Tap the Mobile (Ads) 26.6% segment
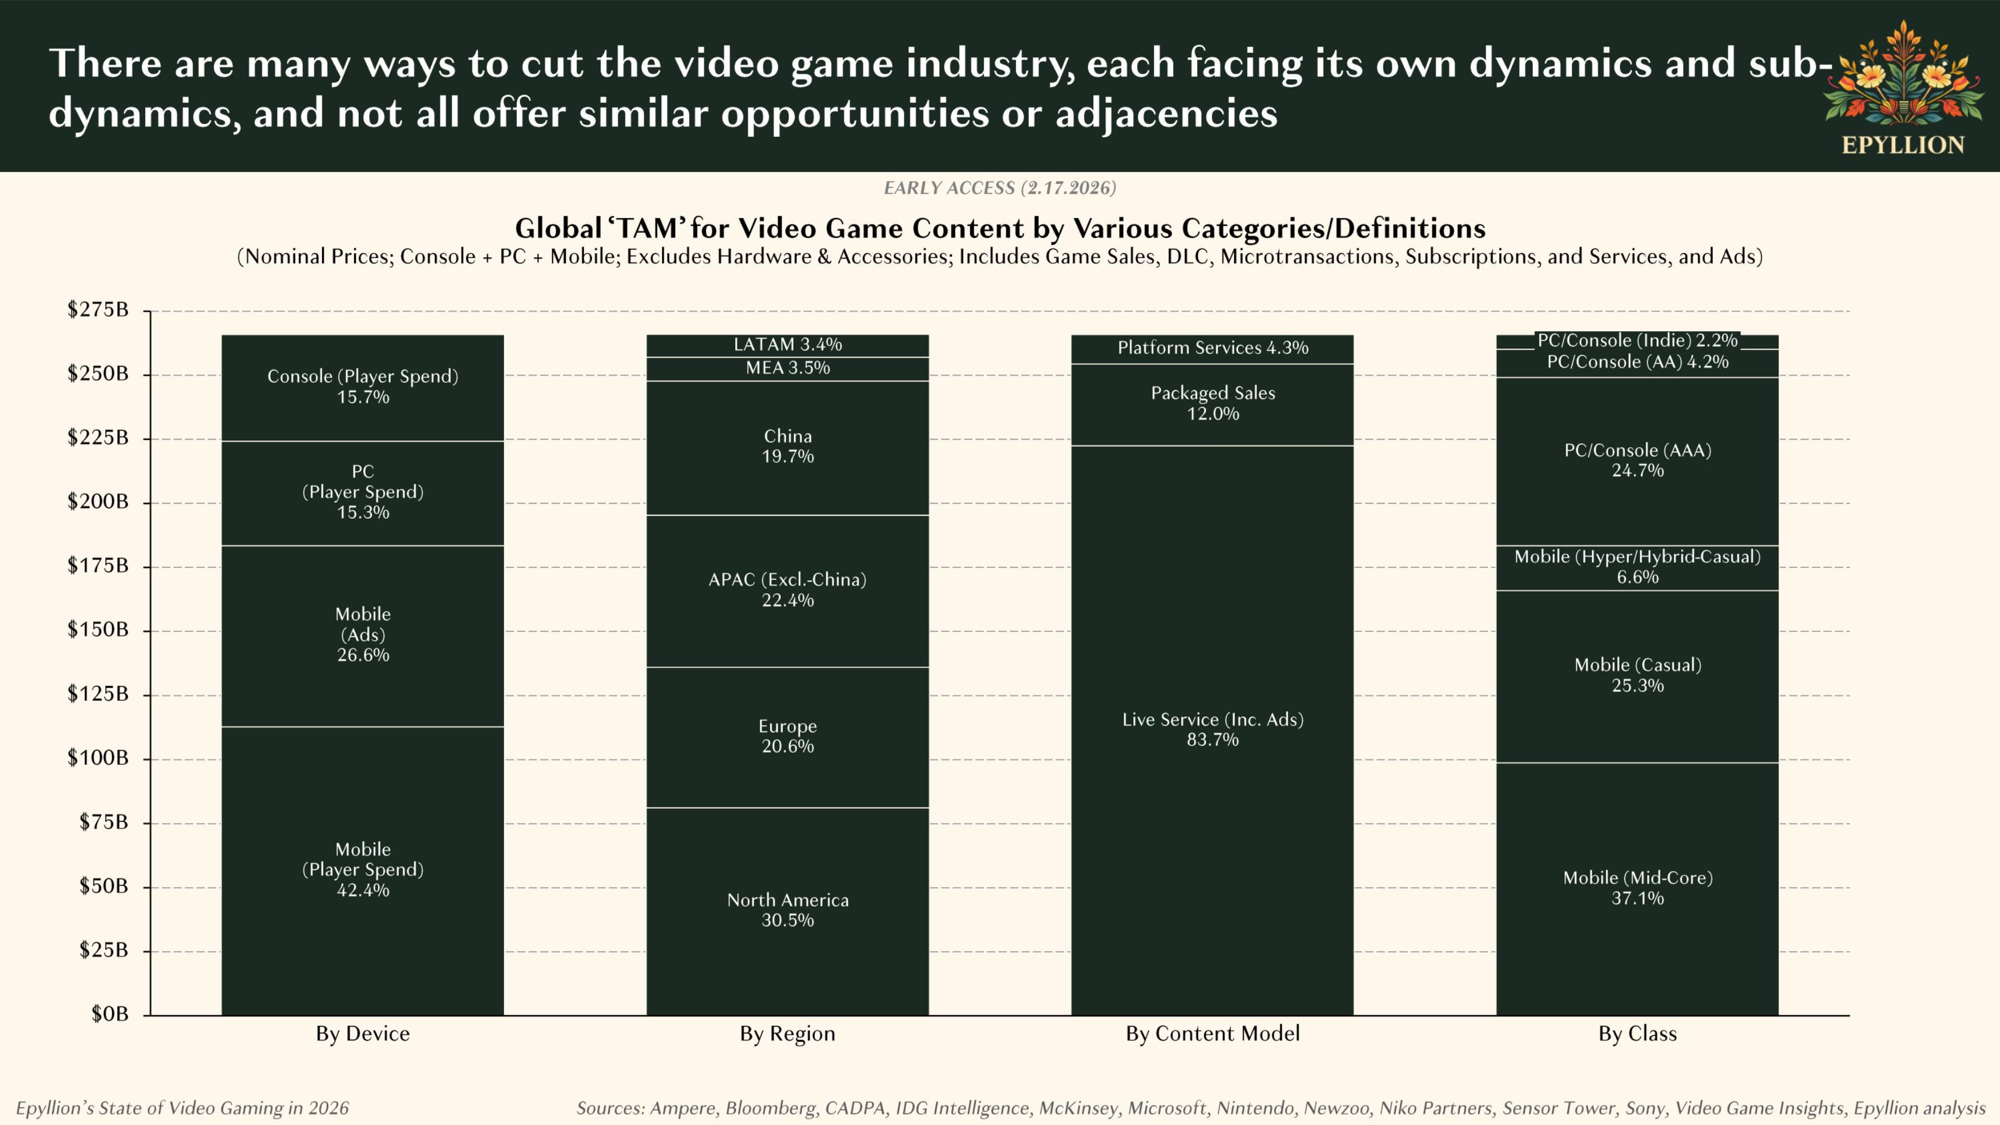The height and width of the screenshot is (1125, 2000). pyautogui.click(x=363, y=634)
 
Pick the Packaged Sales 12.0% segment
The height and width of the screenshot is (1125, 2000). pyautogui.click(x=1212, y=403)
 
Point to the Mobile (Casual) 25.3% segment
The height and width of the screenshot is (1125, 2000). pyautogui.click(x=1637, y=675)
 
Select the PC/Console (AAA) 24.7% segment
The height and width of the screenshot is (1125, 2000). pyautogui.click(x=1637, y=460)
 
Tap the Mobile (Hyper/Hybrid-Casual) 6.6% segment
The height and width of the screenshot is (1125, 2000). pyautogui.click(x=1637, y=567)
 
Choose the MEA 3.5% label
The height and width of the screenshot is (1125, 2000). pyautogui.click(x=787, y=368)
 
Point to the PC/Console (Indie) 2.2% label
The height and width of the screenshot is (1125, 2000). pyautogui.click(x=1637, y=340)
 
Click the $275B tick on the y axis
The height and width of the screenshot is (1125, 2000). pyautogui.click(x=98, y=310)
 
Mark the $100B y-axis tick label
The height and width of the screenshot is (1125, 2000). pyautogui.click(x=98, y=758)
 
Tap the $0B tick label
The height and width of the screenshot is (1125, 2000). pyautogui.click(x=109, y=1014)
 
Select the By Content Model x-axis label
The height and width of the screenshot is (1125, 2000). pyautogui.click(x=1212, y=1034)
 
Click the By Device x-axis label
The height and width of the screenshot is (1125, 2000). pyautogui.click(x=363, y=1034)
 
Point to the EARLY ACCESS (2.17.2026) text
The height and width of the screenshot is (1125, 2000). pyautogui.click(x=999, y=188)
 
